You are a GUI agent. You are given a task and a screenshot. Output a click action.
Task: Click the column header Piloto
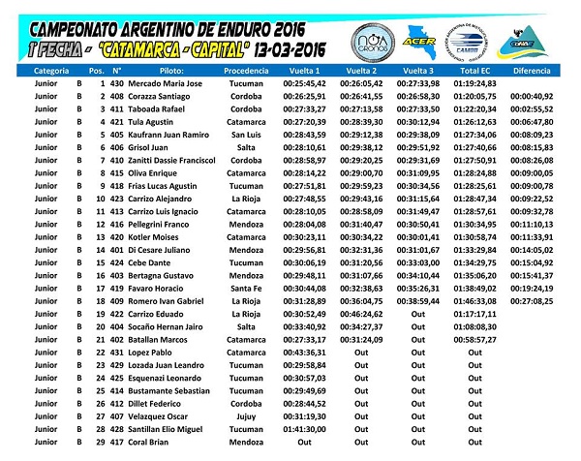coord(175,72)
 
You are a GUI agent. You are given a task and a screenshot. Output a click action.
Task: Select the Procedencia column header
coord(245,72)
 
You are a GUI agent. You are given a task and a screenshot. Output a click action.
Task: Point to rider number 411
coord(117,109)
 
